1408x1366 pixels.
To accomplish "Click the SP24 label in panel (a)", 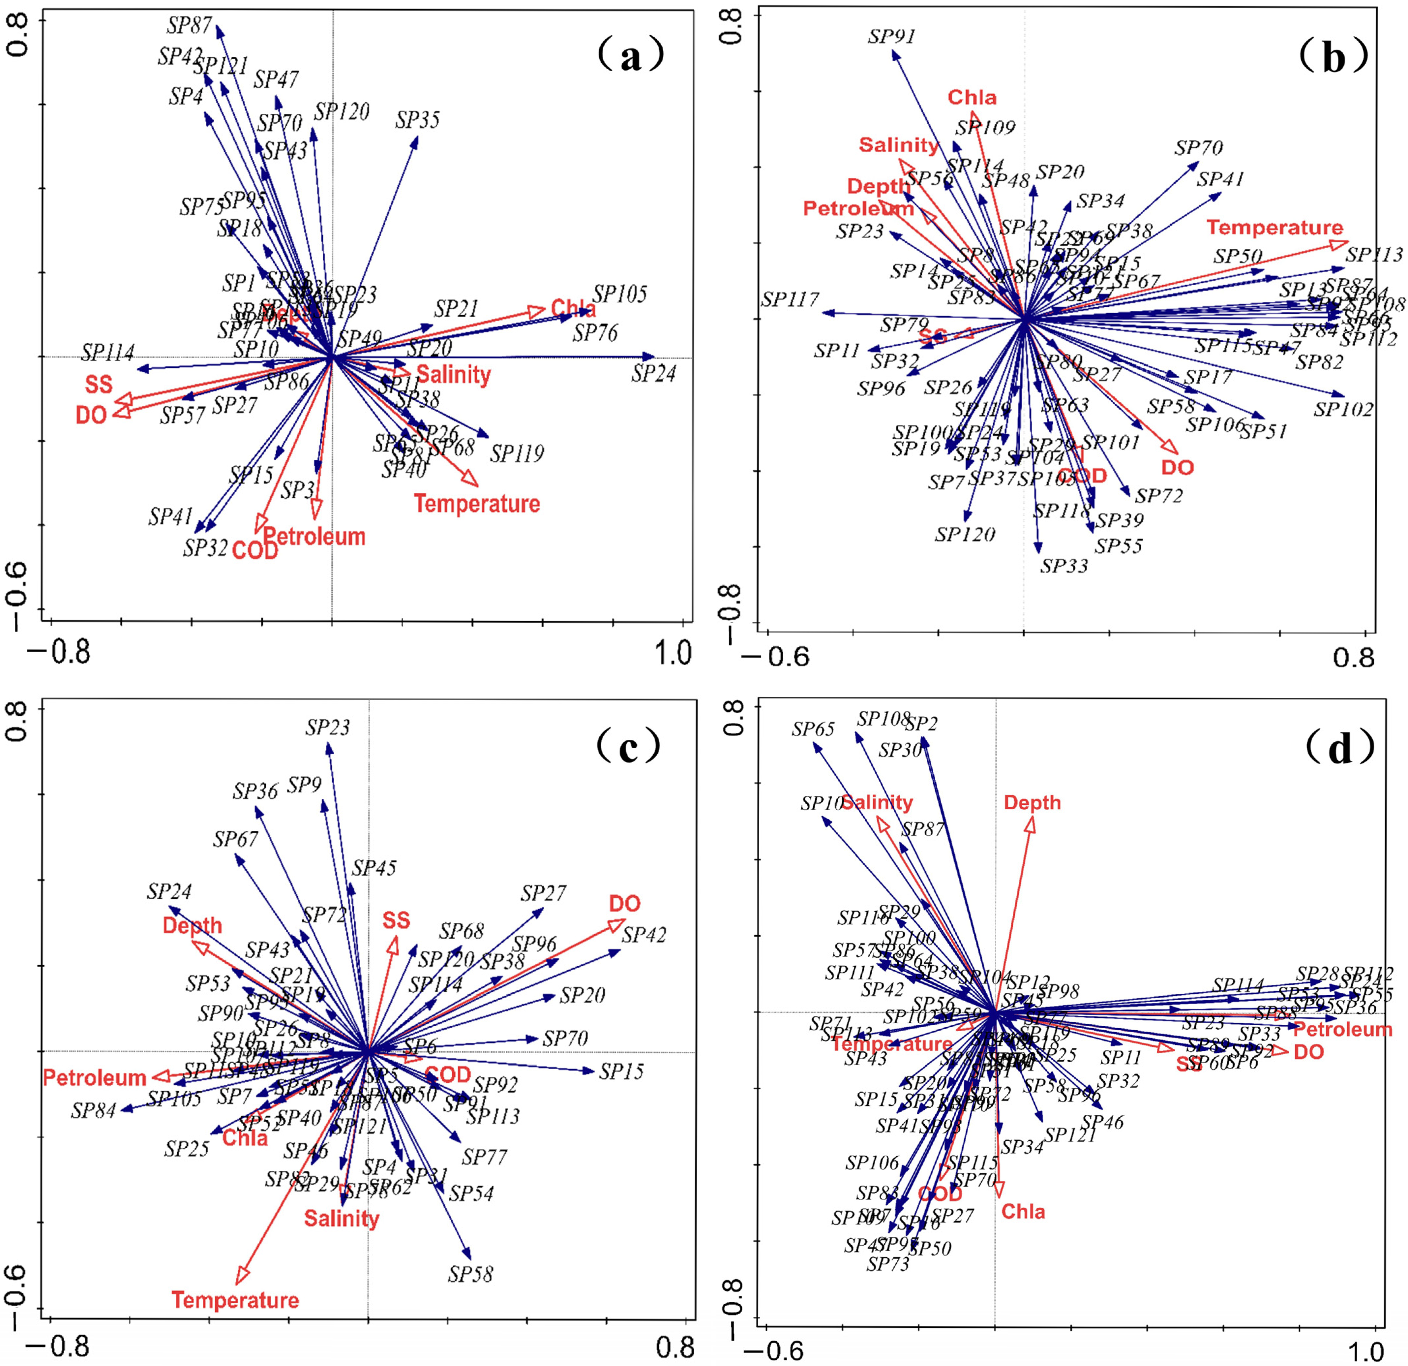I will [654, 374].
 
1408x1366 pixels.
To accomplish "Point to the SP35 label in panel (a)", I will [417, 120].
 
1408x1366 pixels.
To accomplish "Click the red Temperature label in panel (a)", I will [476, 504].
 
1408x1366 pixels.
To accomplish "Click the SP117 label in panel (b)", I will [790, 300].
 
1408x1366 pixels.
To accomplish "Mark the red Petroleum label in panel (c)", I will [95, 1078].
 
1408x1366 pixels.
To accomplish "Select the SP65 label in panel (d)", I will [813, 730].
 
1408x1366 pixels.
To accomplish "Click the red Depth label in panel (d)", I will [1032, 803].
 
